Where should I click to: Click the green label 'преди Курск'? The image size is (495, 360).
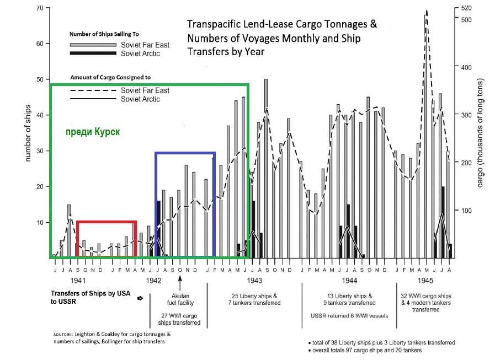coord(93,132)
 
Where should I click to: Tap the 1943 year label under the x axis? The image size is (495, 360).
coord(254,281)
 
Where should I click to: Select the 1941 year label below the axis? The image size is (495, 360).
coord(78,281)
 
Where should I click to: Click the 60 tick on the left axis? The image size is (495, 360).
coord(40,44)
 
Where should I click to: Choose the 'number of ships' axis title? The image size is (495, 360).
coord(28,133)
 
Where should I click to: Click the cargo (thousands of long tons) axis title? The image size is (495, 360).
coord(480,133)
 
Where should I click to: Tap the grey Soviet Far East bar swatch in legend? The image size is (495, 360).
coord(93,45)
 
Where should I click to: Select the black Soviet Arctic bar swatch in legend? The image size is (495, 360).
coord(93,53)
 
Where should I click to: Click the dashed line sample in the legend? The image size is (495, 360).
coord(93,90)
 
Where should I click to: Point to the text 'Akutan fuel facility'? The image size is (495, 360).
coord(180,299)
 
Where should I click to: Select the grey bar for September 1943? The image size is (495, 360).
coord(266,169)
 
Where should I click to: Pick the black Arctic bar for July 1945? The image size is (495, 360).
coord(443,222)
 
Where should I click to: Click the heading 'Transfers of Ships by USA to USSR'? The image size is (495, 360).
coord(91,297)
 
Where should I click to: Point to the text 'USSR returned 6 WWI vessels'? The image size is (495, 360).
coord(349,315)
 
